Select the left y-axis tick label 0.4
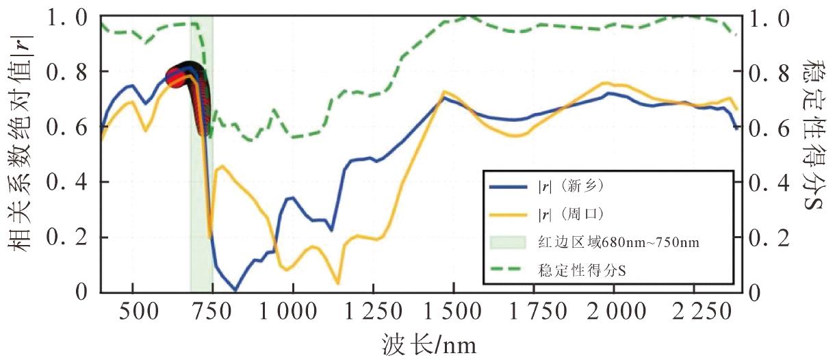[x=72, y=182]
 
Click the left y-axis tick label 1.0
[x=72, y=18]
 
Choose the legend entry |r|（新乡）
[x=568, y=185]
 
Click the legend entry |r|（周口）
[x=568, y=214]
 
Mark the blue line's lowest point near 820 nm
[x=235, y=290]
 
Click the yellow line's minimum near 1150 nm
[x=338, y=283]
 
